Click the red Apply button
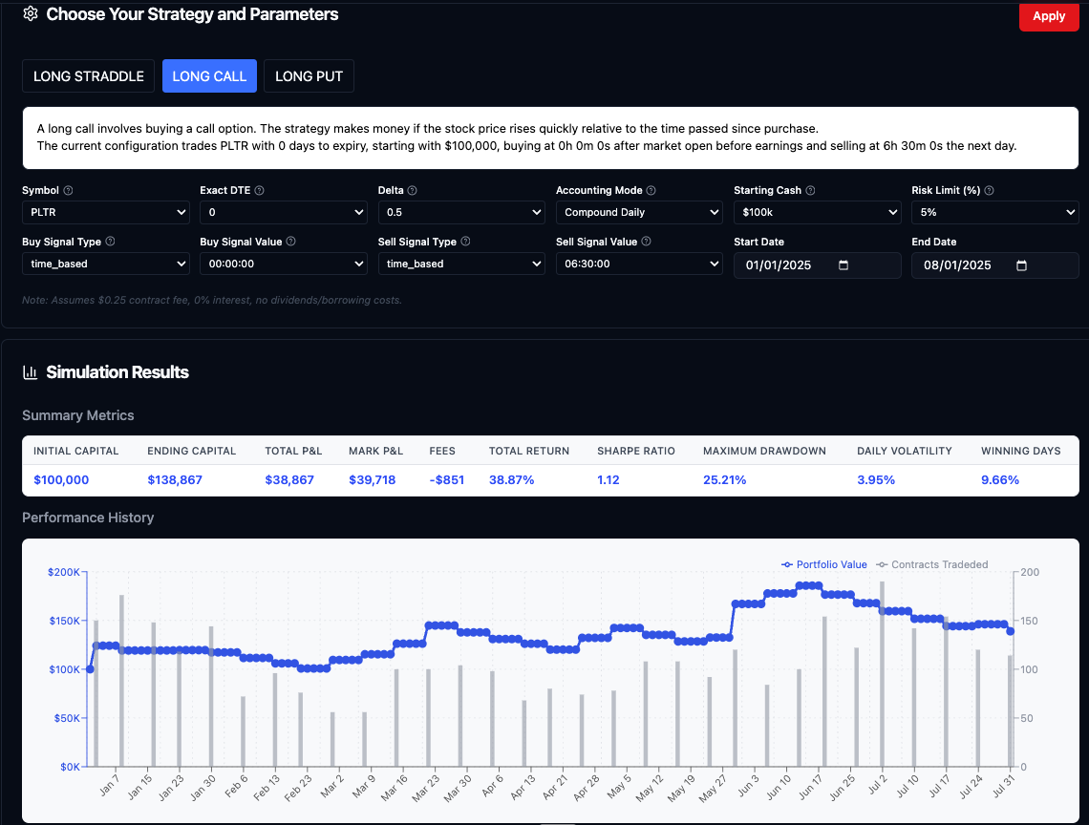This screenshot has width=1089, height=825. (1048, 15)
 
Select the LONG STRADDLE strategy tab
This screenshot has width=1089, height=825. (88, 76)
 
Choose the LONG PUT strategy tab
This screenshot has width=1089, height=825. (309, 76)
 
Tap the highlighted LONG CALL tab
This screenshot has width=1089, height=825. (209, 76)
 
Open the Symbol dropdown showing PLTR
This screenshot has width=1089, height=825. (105, 212)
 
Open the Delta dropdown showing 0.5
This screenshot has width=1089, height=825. (461, 212)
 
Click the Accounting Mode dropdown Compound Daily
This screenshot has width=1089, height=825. (639, 212)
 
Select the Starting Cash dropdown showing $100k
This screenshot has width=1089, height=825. (817, 212)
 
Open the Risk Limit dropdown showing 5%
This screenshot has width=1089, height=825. (994, 212)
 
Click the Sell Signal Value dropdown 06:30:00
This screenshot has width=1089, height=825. (639, 264)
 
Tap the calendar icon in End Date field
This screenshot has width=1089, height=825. (1021, 265)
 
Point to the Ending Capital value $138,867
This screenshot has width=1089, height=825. (175, 480)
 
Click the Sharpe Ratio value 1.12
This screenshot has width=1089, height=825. (609, 480)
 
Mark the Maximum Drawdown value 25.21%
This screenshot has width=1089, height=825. (724, 480)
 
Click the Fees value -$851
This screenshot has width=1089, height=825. (447, 480)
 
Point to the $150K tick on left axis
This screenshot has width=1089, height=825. (64, 622)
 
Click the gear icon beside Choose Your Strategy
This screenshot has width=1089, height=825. (31, 14)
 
